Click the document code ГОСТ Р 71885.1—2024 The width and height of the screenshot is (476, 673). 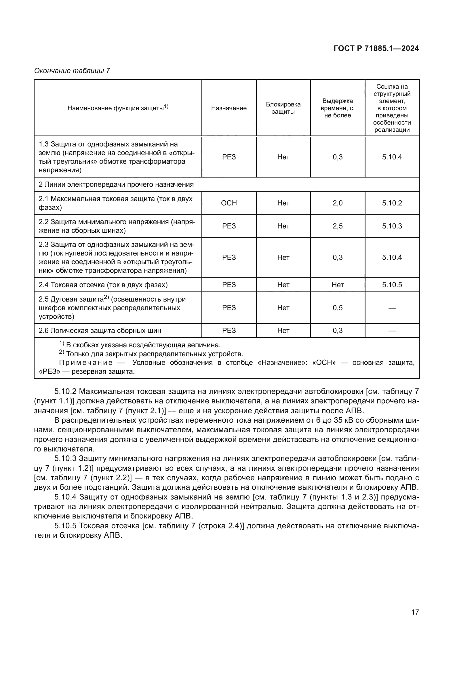pos(376,49)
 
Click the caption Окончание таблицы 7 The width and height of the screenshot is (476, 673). pos(72,71)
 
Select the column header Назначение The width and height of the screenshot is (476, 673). pos(229,108)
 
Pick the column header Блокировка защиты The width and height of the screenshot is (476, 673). pos(283,108)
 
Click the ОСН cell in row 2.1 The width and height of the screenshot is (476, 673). pos(229,203)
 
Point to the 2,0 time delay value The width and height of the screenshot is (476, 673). pos(337,203)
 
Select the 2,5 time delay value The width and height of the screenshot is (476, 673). pos(337,226)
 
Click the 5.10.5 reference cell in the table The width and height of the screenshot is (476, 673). pos(392,285)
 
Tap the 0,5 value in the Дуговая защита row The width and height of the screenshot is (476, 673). pos(337,308)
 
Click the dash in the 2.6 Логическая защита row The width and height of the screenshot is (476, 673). pos(392,331)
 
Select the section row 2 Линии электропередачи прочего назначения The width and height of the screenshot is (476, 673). pos(116,185)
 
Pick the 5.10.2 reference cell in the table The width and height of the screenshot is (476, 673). pos(392,203)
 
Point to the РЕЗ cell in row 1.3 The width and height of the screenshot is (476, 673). pos(229,157)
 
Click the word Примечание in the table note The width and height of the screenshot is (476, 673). pos(85,363)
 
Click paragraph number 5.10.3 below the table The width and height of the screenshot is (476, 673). pos(65,458)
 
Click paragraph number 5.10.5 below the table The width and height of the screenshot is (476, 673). pos(65,526)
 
